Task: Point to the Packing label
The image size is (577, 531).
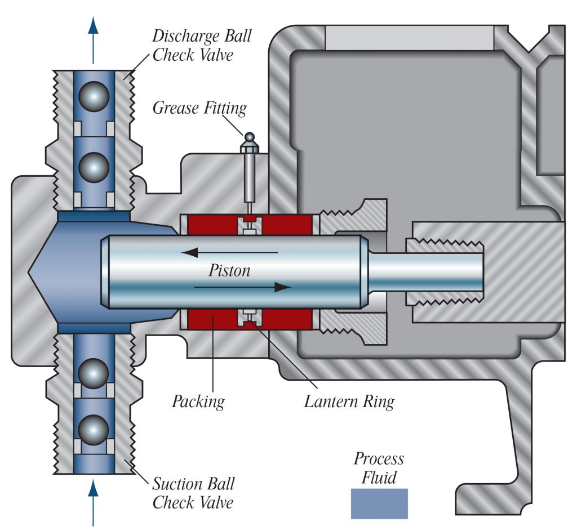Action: pyautogui.click(x=198, y=401)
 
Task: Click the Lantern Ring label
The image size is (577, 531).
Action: pyautogui.click(x=349, y=401)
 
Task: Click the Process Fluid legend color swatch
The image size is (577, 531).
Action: pyautogui.click(x=379, y=503)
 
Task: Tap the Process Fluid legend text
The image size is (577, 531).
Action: pyautogui.click(x=379, y=468)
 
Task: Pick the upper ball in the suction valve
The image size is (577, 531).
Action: pyautogui.click(x=94, y=372)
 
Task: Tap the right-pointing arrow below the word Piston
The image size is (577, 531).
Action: pyautogui.click(x=242, y=287)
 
